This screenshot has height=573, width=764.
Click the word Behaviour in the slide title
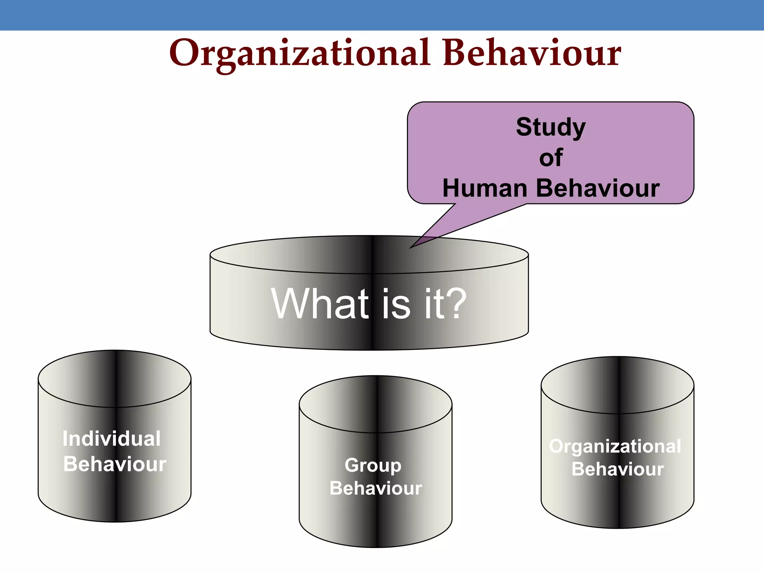pos(532,53)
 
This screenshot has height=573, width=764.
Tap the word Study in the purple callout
pos(551,127)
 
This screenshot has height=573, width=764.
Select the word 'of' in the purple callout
pos(551,158)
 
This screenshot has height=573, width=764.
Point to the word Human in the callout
pos(485,188)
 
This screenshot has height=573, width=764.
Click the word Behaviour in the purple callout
pos(598,188)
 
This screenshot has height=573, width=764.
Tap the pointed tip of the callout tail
pos(411,248)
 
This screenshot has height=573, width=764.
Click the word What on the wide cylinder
pos(320,304)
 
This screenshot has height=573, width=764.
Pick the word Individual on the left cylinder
pos(112,438)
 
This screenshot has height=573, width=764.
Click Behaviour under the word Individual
pos(115,464)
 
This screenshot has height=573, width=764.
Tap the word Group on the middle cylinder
pos(373,465)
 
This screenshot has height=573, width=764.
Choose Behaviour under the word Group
pos(376,488)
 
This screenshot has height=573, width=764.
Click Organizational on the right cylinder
pos(615,446)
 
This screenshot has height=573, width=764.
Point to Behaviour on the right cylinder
pos(617,469)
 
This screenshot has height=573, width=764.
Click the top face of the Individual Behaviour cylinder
pos(115,379)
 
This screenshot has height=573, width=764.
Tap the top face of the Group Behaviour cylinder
pos(376,404)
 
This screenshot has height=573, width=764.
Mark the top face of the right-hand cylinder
pos(617,385)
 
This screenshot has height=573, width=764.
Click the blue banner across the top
pos(382,15)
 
